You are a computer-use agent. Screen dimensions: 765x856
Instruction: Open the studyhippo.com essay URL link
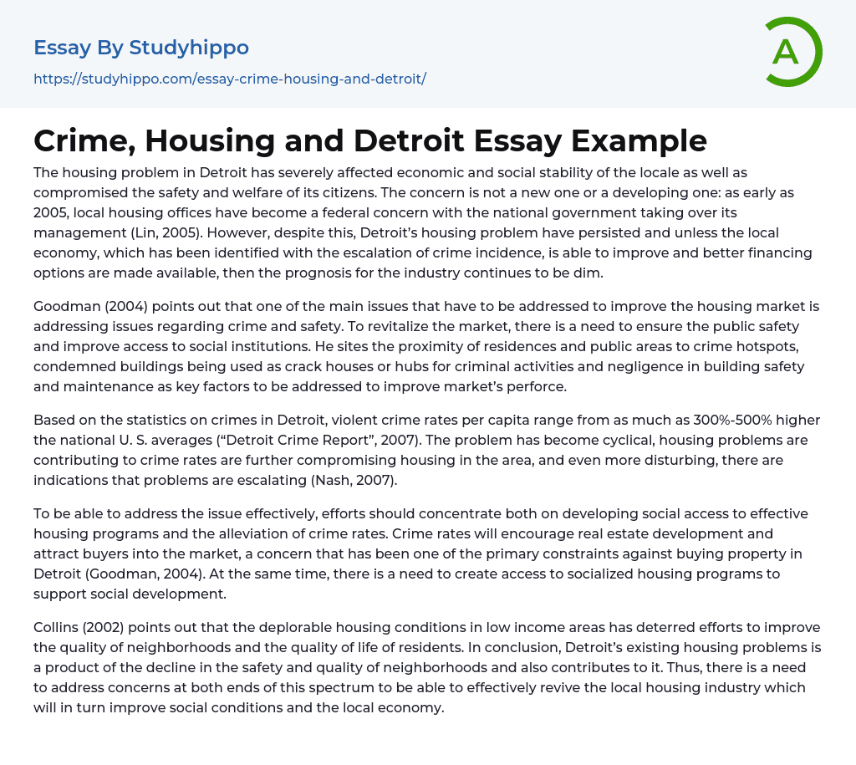[230, 79]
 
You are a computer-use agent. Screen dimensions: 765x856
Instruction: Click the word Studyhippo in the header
[189, 48]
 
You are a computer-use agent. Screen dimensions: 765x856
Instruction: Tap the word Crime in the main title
[82, 140]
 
